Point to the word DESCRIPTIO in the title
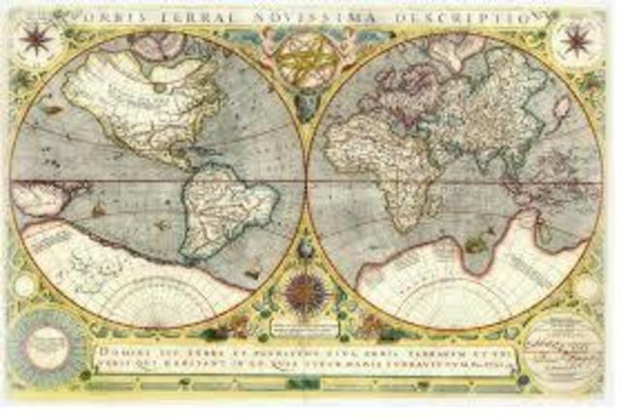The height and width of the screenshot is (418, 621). (477, 17)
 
